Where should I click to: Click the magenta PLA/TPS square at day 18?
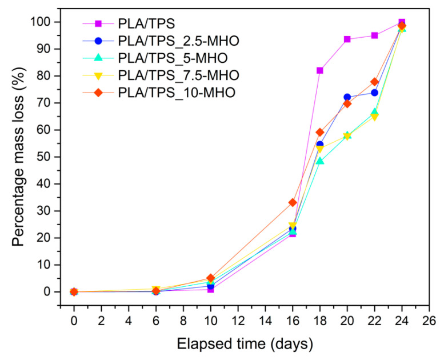320,70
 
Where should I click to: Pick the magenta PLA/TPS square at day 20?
347,39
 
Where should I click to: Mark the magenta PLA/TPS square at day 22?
374,35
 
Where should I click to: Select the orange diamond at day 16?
293,202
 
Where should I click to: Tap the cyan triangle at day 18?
320,161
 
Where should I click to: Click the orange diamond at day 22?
374,82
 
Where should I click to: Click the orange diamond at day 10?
210,278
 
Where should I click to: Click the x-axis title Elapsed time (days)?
244,345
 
